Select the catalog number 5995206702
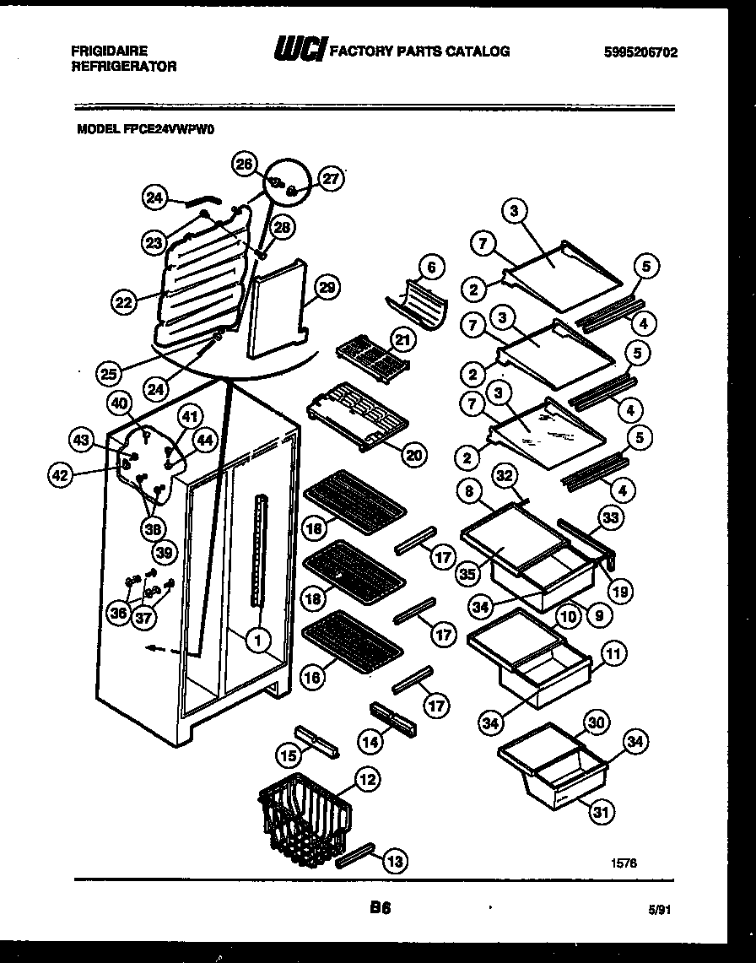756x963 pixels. pyautogui.click(x=640, y=52)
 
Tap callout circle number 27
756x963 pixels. pyautogui.click(x=331, y=178)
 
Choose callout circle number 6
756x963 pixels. pyautogui.click(x=430, y=268)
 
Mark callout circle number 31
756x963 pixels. pyautogui.click(x=600, y=812)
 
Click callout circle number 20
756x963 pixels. pyautogui.click(x=413, y=455)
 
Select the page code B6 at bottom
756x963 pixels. pyautogui.click(x=378, y=909)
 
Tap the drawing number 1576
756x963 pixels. pyautogui.click(x=624, y=863)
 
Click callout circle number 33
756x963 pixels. pyautogui.click(x=608, y=517)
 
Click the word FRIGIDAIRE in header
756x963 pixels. pyautogui.click(x=109, y=51)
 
